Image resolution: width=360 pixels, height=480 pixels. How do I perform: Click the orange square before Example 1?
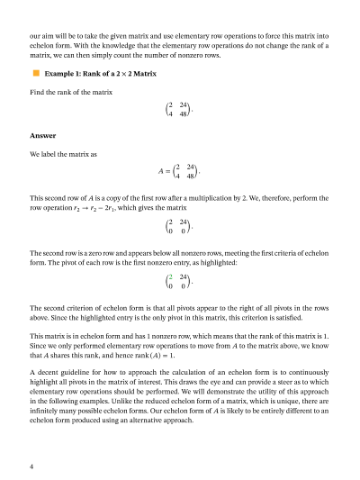coord(36,73)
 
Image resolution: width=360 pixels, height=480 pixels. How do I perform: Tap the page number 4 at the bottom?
coord(31,466)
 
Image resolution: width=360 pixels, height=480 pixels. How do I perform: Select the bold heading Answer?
coord(41,136)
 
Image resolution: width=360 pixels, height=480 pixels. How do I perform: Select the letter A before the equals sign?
coord(160,170)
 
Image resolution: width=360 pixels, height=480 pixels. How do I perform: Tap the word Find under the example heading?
coord(38,93)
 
